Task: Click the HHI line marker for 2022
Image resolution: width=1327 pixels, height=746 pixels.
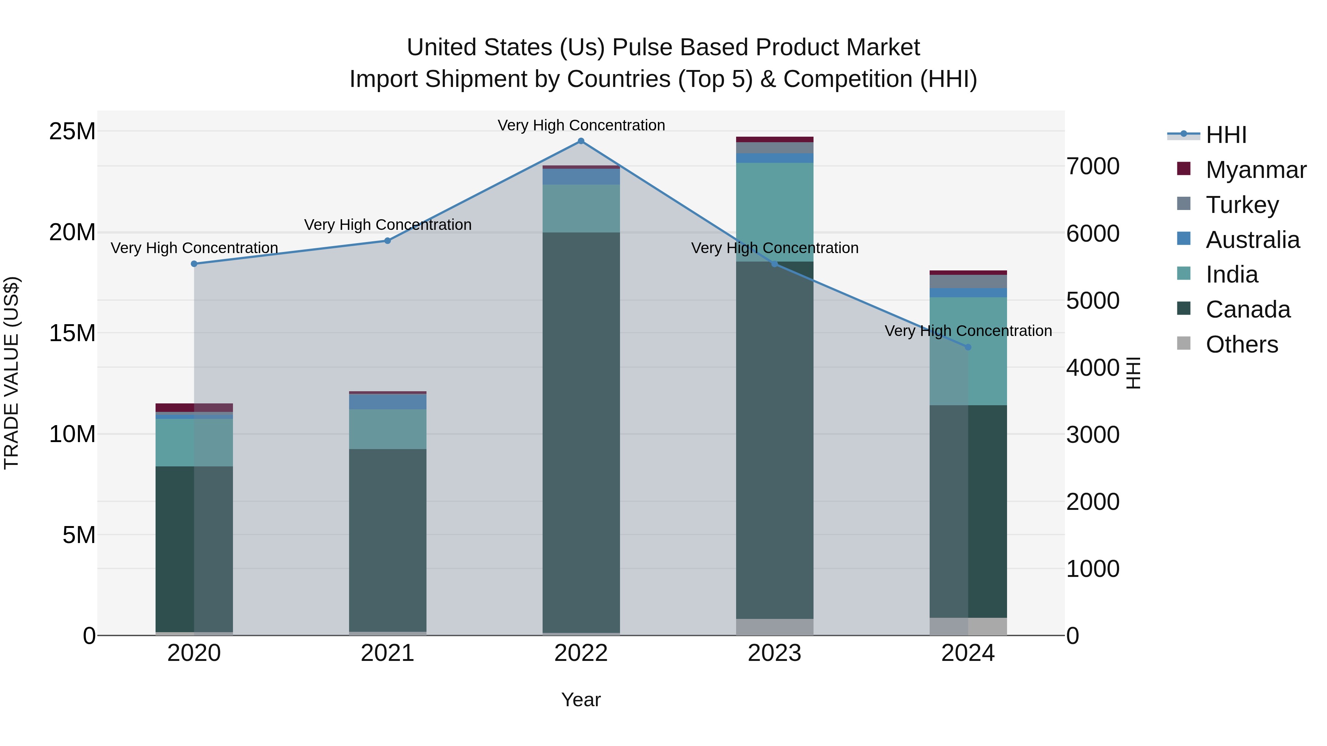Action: click(581, 141)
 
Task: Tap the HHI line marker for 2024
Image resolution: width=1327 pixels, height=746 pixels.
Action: click(968, 347)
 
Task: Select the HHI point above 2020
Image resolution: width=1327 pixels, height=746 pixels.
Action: click(194, 264)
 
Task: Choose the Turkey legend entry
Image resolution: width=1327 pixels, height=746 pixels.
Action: click(1241, 205)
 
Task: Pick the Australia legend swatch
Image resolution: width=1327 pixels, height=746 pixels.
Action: click(1184, 239)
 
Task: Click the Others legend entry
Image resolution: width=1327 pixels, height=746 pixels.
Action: click(1241, 344)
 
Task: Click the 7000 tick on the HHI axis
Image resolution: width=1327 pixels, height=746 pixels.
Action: click(1093, 166)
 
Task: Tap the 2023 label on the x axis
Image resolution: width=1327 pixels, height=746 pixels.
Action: click(774, 653)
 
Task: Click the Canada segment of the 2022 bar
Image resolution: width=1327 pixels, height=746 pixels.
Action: click(581, 432)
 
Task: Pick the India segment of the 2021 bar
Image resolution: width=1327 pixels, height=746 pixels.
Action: click(387, 429)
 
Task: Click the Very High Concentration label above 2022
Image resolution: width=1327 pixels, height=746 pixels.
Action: click(581, 126)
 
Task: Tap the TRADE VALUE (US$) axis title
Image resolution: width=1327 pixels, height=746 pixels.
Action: click(11, 373)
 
